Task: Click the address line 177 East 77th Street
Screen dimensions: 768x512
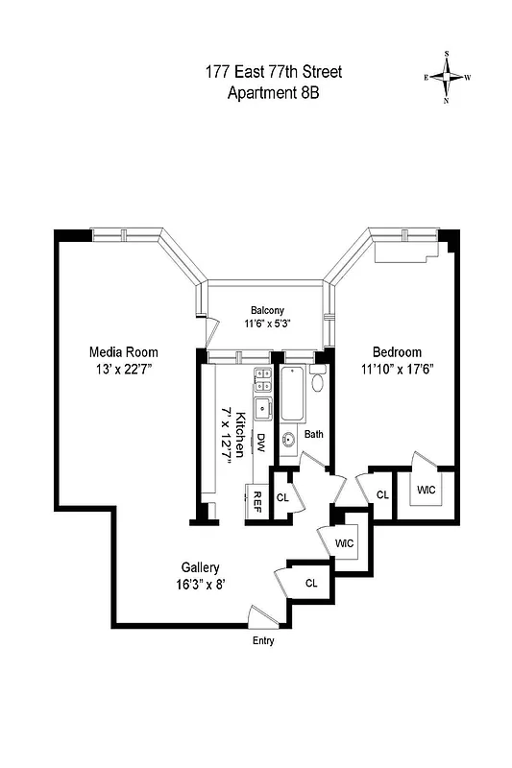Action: tap(273, 72)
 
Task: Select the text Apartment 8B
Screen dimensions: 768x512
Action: tap(273, 92)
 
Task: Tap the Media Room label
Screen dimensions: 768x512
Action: tap(123, 351)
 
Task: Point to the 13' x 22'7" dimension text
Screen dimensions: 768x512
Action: tap(123, 368)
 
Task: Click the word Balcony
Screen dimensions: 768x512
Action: tap(267, 310)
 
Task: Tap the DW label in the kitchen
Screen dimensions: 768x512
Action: tap(259, 443)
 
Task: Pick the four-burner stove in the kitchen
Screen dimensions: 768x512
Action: tap(260, 378)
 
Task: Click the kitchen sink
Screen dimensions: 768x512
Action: tap(260, 408)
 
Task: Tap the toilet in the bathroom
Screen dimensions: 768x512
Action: tap(318, 382)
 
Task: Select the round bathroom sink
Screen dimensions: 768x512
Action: tap(287, 442)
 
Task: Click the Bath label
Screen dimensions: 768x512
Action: tap(313, 434)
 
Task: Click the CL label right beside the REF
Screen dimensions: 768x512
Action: tap(282, 497)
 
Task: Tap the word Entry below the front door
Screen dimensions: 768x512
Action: tap(262, 639)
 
